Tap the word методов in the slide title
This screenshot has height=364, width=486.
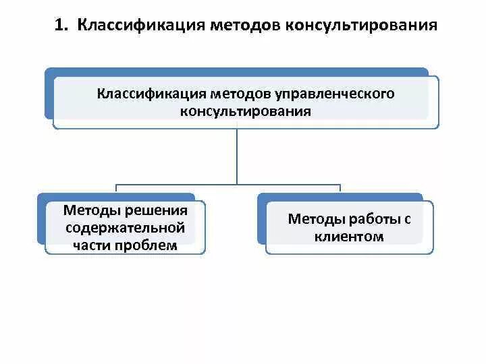(246, 26)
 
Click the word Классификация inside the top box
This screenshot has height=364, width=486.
(151, 93)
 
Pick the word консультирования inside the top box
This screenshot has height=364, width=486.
(246, 111)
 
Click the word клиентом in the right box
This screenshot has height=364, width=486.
(349, 237)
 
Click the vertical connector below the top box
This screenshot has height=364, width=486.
(237, 155)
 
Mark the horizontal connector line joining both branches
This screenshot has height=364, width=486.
(175, 184)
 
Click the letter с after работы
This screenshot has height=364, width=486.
(408, 218)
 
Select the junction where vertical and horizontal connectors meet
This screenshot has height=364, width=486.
(237, 184)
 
